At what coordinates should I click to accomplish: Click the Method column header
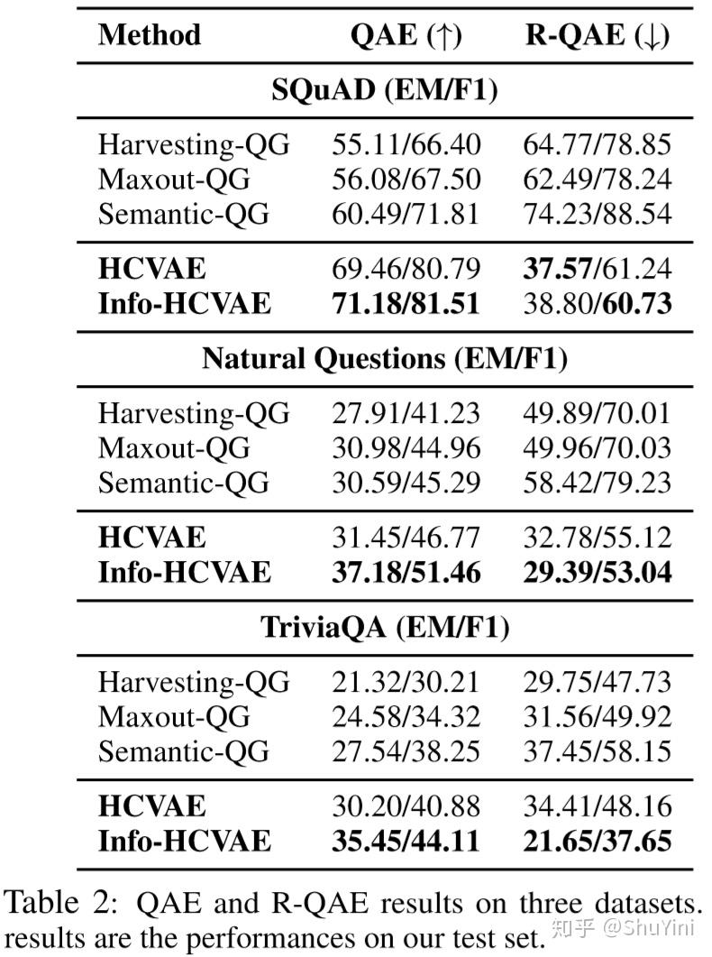150,35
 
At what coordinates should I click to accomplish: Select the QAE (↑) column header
406,35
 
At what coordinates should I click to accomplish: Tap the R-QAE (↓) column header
597,35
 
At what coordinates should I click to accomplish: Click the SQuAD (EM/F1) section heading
384,90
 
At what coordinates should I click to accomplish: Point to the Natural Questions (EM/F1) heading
384,359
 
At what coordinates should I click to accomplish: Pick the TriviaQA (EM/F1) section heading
384,628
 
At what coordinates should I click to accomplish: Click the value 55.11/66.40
406,144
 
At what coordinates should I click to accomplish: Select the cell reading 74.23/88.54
597,215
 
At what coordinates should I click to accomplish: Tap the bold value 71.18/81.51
406,303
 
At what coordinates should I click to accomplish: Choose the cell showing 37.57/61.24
597,269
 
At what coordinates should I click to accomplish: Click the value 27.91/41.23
406,413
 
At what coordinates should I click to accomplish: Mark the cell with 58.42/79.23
597,483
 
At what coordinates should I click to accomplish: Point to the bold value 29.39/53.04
597,572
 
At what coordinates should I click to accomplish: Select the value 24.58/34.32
406,717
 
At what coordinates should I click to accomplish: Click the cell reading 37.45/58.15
597,751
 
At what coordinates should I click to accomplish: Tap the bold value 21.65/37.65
597,841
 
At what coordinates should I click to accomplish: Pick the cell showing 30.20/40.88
406,805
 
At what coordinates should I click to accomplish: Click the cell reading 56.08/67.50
406,179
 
